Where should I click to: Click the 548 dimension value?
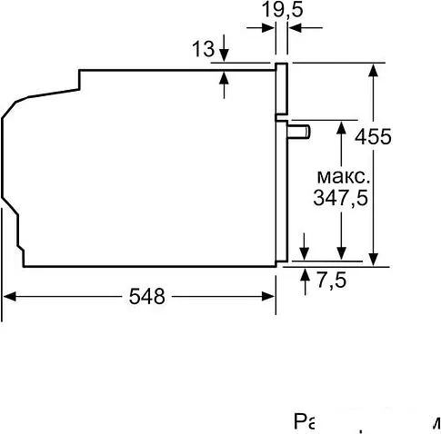coord(146,296)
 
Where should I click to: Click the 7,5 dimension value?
coord(332,281)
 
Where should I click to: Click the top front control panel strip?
coord(282,91)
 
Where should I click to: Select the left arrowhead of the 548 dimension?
coord(8,296)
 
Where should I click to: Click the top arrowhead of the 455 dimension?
coord(374,69)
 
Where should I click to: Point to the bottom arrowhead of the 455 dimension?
coord(374,261)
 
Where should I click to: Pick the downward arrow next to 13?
coord(226,56)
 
